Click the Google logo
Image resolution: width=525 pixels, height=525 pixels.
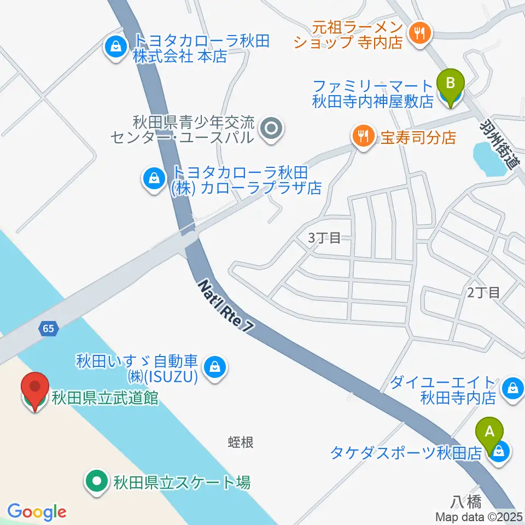37,512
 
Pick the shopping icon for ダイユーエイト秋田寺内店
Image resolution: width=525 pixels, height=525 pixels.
513,389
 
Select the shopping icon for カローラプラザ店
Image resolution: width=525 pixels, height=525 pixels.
154,179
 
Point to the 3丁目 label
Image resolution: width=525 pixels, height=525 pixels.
324,237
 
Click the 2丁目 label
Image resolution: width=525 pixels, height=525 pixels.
483,292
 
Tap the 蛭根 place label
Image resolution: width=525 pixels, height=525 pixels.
241,442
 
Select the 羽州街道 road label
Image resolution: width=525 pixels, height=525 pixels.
501,144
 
